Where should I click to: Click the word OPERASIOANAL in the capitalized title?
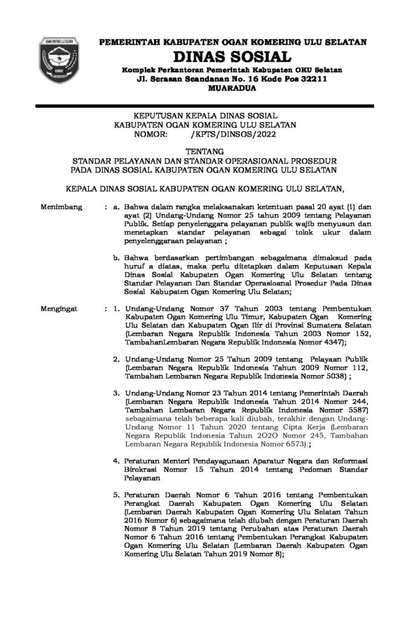tap(261, 161)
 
